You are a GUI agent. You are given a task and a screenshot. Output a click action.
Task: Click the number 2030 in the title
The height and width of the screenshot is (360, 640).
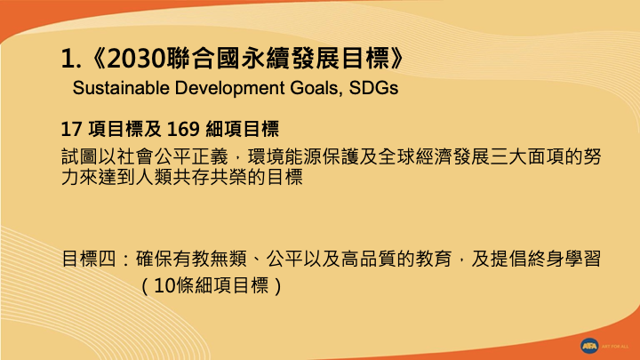click(136, 59)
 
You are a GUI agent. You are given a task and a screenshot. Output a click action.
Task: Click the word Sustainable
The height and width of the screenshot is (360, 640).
click(121, 88)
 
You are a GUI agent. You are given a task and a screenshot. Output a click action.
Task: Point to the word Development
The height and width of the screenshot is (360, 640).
click(230, 89)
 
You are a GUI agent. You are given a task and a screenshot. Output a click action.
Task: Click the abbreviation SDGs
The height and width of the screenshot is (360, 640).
click(373, 88)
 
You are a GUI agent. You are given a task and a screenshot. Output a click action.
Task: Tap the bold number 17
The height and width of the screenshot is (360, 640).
click(71, 129)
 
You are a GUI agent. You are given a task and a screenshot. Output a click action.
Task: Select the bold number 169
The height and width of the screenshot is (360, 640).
click(183, 129)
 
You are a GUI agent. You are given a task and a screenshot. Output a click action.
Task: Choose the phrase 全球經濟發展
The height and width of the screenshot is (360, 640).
click(435, 156)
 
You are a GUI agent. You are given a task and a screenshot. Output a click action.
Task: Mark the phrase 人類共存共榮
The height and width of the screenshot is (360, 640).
click(191, 177)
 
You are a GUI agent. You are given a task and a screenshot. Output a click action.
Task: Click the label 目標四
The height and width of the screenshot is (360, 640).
click(90, 259)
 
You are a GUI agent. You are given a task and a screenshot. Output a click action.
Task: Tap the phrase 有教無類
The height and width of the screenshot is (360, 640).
click(210, 259)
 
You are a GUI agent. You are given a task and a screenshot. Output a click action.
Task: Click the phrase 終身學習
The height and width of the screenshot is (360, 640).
click(564, 259)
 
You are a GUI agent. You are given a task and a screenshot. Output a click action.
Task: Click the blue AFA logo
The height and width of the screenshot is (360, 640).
click(589, 346)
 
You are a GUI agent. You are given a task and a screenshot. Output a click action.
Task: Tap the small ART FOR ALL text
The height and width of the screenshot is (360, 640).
click(615, 347)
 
